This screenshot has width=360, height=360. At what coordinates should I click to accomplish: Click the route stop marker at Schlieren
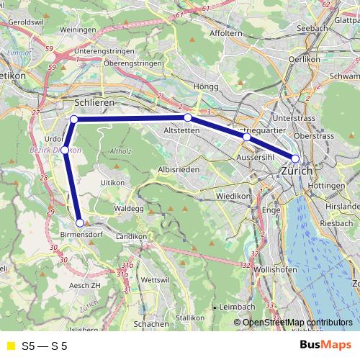tap(74, 119)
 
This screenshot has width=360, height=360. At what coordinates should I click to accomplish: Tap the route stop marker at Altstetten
tap(187, 117)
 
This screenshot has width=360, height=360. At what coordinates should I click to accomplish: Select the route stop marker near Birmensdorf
tap(80, 222)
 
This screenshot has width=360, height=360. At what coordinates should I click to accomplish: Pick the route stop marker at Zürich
tap(295, 158)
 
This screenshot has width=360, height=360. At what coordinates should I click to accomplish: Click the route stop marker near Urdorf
tap(65, 150)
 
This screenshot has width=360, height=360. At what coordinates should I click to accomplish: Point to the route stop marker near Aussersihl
tap(246, 137)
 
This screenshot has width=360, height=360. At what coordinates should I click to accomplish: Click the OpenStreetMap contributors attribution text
tap(297, 323)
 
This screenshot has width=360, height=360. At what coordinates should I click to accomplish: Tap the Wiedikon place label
tap(233, 195)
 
